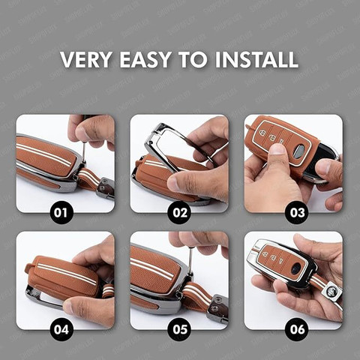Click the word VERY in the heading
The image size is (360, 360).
coord(86,59)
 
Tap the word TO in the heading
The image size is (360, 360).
coord(193,59)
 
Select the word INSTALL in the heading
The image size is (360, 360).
coord(256,59)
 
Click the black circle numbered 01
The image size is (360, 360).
coord(61,213)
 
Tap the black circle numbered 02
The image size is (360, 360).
coord(180,213)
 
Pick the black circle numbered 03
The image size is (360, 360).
coord(298,213)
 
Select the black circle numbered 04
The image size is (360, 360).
coord(61,330)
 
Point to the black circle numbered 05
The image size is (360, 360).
coord(180,330)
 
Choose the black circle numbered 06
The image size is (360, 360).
coord(298,330)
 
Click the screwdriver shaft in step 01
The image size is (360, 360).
coord(84,152)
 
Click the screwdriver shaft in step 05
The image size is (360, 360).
coord(190,260)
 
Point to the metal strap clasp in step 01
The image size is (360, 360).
coord(106,188)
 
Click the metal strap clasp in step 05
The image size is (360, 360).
coord(217,310)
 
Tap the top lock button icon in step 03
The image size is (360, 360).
coord(262,132)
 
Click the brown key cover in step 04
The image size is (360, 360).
coord(62,277)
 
